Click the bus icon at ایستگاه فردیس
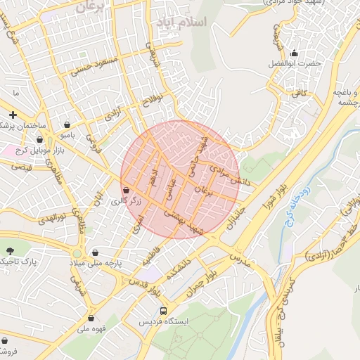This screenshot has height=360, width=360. [163, 310]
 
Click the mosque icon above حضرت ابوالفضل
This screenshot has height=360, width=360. [294, 53]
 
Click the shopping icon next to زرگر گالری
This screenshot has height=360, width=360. [126, 190]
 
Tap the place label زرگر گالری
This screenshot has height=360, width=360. [126, 201]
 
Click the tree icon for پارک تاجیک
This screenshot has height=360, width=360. [9, 251]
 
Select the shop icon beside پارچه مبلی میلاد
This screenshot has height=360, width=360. [95, 252]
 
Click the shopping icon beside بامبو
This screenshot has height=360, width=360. [67, 124]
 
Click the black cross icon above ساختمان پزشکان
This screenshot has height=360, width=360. [12, 114]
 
